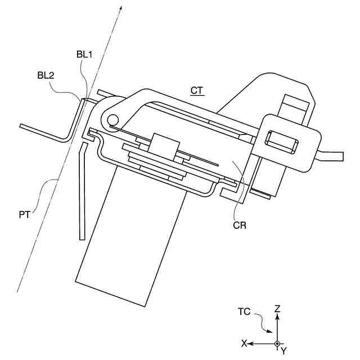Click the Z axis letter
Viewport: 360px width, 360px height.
coord(277,309)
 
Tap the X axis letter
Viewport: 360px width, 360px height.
coord(244,343)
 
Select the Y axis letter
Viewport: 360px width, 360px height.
coord(284,350)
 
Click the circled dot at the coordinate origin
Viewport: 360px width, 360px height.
coord(277,343)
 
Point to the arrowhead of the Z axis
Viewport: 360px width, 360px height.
coord(277,317)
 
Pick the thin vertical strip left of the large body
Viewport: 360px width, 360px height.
coord(82,191)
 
